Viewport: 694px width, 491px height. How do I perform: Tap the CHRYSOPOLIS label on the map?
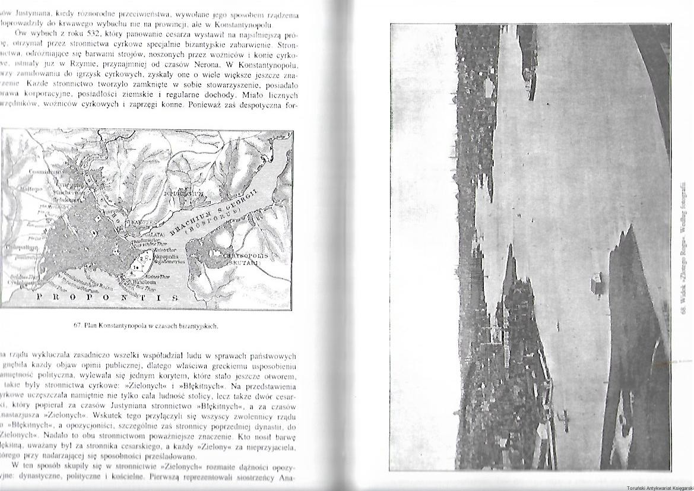coord(245,256)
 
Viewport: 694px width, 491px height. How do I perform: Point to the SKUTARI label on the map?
coord(244,264)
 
